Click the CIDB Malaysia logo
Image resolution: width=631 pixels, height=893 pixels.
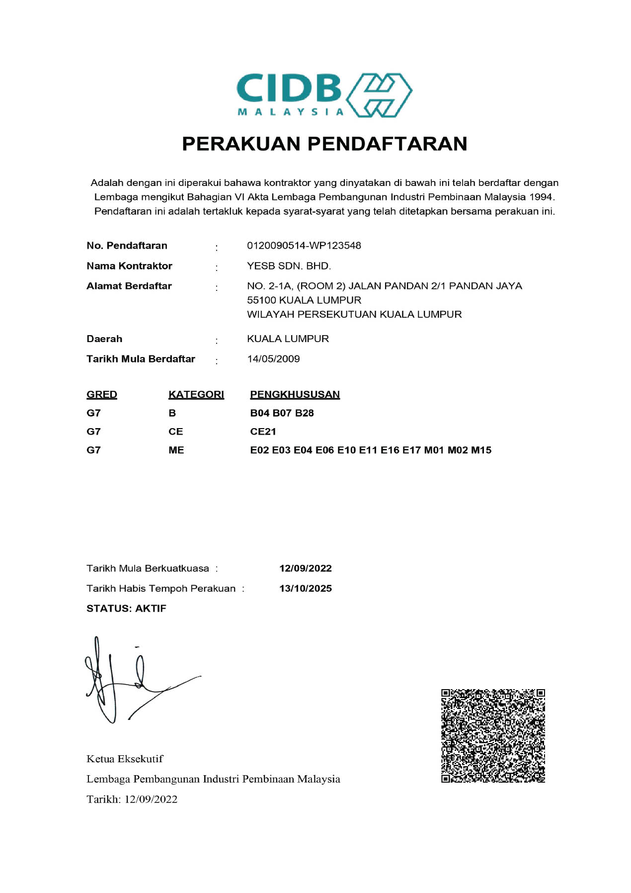point(324,95)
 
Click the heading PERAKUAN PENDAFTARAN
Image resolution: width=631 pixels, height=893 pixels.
point(324,144)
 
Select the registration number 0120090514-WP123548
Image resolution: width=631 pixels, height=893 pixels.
point(304,246)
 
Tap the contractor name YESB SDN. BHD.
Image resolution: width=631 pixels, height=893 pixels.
point(289,266)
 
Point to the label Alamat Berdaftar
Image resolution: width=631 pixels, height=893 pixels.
point(129,286)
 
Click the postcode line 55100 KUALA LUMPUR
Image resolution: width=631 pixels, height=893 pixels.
point(304,300)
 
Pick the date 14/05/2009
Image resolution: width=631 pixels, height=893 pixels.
point(273,359)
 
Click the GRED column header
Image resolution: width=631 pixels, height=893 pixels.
point(102,395)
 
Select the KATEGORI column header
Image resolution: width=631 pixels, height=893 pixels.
point(196,395)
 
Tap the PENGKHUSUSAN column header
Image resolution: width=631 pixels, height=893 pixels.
point(295,395)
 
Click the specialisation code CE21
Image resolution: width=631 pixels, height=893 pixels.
point(263,432)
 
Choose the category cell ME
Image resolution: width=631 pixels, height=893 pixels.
point(176,450)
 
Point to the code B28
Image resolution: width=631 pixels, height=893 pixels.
point(304,413)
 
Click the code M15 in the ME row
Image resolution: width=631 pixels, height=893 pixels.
point(481,450)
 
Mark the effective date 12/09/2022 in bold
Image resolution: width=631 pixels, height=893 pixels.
point(306,568)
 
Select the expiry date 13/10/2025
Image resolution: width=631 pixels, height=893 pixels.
point(306,589)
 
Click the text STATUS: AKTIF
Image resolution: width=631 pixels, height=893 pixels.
point(126,609)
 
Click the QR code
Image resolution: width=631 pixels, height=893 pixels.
point(493,736)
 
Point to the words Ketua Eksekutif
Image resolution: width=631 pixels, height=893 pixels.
point(125,759)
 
